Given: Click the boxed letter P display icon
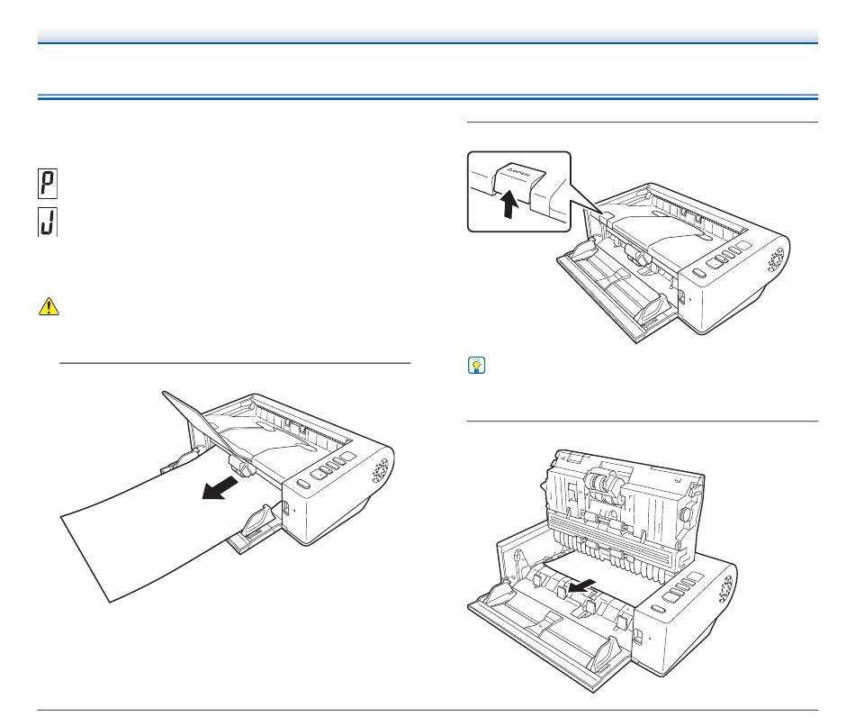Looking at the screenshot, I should point(46,186).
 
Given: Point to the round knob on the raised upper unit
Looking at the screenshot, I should point(687,515).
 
